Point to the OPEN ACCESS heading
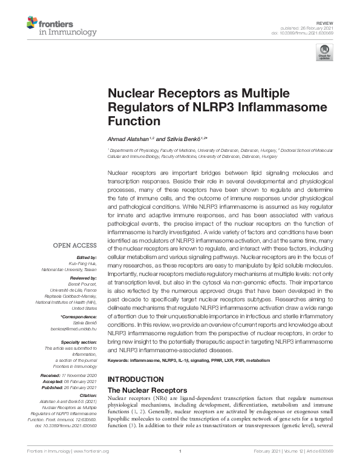click(x=75, y=245)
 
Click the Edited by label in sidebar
click(x=86, y=257)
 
